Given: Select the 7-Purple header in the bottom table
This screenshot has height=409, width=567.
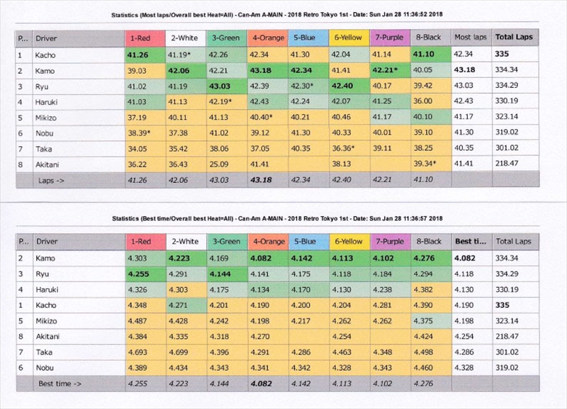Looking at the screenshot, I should point(390,241).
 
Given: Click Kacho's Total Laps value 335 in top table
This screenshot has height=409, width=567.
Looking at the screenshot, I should point(503,54).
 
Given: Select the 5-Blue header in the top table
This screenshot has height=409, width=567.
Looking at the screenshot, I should point(307,37).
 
